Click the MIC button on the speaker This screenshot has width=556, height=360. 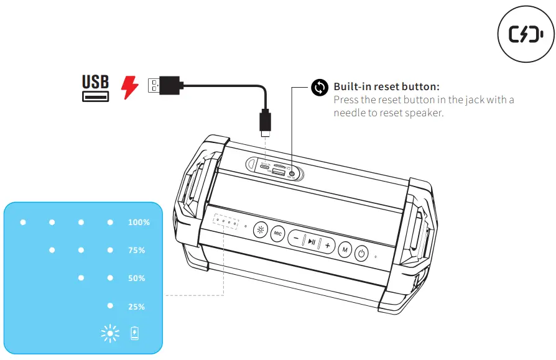click(x=277, y=233)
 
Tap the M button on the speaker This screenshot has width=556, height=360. click(x=345, y=249)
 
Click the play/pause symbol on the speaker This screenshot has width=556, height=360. click(x=312, y=241)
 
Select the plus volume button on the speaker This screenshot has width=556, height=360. click(x=328, y=245)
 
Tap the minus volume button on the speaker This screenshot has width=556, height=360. click(x=296, y=238)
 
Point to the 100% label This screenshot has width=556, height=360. click(x=139, y=222)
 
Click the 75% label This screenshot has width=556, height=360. click(x=137, y=251)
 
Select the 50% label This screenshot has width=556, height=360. click(x=137, y=279)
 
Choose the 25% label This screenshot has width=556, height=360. click(x=137, y=307)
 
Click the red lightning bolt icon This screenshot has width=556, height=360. click(x=129, y=86)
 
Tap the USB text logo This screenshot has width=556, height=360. click(x=95, y=81)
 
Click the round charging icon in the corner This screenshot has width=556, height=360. click(x=526, y=35)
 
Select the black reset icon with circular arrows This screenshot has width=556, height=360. click(x=319, y=87)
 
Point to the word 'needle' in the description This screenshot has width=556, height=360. click(x=349, y=113)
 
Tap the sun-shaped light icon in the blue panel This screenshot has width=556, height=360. click(x=110, y=334)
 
